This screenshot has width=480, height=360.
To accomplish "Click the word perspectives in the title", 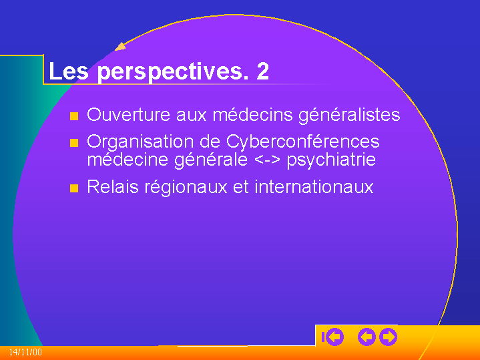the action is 173,72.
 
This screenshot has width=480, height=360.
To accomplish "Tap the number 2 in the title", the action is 262,71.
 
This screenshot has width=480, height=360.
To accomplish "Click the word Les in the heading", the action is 69,71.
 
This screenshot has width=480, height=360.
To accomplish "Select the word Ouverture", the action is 128,115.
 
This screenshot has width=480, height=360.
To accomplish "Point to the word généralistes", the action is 349,116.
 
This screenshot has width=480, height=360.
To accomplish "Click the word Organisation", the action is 140,142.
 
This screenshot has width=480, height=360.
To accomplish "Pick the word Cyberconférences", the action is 303,142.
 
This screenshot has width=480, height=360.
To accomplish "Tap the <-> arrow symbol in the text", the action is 267,160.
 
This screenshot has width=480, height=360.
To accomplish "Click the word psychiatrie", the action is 331,160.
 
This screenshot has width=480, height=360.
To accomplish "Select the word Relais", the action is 113,186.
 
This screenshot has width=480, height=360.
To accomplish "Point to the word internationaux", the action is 314,186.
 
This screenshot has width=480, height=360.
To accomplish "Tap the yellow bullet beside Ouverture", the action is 74,116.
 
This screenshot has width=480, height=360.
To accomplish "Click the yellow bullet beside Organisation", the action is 74,143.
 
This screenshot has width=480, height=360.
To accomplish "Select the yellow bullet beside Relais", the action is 74,188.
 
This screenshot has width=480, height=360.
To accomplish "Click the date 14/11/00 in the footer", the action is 25,352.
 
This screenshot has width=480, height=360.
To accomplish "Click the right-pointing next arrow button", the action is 388,337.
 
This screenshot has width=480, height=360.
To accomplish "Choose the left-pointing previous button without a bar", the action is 367,337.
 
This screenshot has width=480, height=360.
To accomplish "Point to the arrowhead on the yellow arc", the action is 120,47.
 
